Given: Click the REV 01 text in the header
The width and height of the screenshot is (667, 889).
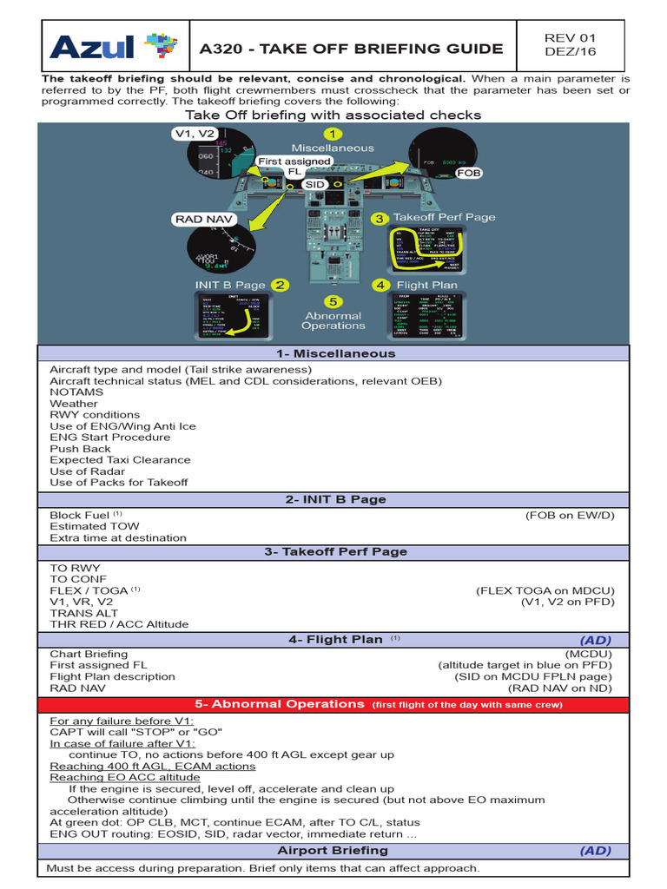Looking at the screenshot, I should [x=569, y=38].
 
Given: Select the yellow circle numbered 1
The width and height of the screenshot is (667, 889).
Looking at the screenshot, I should [x=331, y=134].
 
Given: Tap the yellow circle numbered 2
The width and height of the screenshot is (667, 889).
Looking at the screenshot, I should [x=280, y=285].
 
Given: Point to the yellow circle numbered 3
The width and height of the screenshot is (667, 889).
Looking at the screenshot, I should [x=379, y=219].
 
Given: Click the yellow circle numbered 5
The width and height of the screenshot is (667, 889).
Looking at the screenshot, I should [x=333, y=300].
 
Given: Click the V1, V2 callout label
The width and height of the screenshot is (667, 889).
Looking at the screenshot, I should [x=193, y=134].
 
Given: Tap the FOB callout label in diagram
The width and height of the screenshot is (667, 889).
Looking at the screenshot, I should [x=469, y=173].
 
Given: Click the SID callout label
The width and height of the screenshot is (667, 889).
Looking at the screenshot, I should [x=314, y=185].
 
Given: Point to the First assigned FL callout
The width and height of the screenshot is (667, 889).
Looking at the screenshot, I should [x=294, y=166].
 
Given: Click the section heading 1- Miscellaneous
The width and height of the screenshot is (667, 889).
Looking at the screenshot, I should [x=334, y=353].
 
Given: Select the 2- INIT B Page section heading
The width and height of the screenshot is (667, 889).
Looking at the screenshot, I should [x=334, y=499].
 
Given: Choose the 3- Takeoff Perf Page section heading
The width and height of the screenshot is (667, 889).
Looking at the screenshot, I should [x=334, y=551].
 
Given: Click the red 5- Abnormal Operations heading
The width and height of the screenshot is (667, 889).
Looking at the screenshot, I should [x=334, y=704].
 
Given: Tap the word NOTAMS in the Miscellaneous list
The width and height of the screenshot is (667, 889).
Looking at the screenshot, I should [x=76, y=392].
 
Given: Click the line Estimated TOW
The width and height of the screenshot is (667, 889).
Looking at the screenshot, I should [x=94, y=526].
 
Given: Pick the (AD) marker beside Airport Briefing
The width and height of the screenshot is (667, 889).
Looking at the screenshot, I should [x=596, y=850].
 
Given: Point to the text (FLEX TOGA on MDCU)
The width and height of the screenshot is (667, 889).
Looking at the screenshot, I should [x=545, y=590].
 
